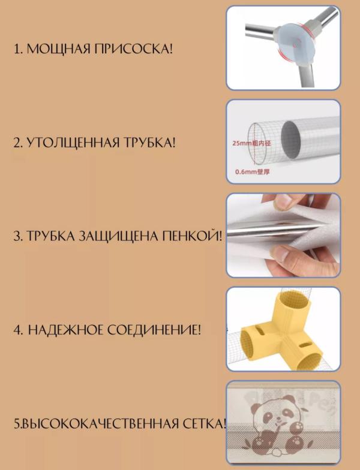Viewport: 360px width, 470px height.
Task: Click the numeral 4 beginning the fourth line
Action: tap(17, 330)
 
